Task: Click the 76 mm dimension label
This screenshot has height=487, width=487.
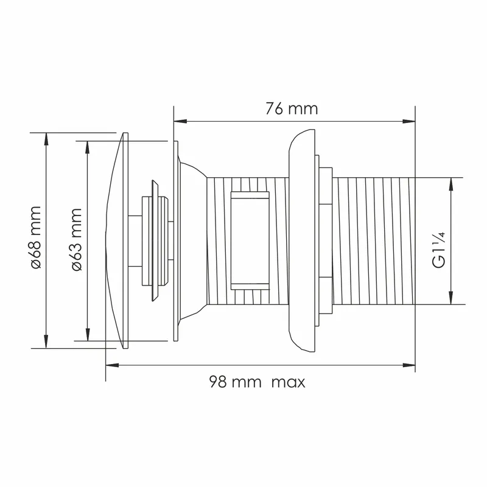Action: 292,109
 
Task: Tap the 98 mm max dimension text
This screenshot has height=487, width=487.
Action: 257,382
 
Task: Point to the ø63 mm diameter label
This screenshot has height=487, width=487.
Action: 77,239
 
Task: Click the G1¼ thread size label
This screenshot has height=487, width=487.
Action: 439,250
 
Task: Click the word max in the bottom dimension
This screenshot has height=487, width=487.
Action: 289,382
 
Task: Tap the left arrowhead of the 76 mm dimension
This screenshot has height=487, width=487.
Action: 180,121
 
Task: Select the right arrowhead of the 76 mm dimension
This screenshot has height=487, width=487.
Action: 408,121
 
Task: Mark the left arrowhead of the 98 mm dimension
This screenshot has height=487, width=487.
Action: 112,365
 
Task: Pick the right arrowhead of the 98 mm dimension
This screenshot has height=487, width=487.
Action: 408,365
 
